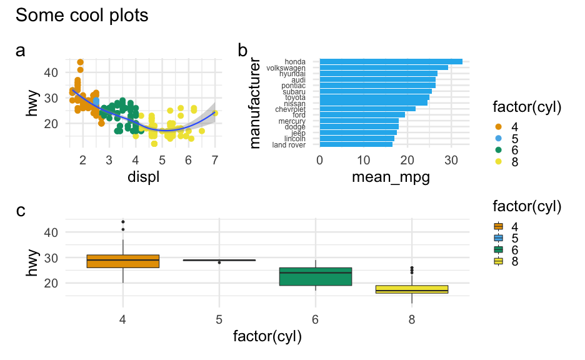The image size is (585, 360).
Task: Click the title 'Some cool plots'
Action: coord(82,15)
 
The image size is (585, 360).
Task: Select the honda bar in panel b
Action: coord(391,61)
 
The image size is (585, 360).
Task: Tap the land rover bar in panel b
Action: coord(356,144)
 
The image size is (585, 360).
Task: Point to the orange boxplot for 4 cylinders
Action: coord(123,261)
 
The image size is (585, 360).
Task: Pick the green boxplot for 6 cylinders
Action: coord(316,276)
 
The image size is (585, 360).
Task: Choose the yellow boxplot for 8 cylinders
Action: coord(413,289)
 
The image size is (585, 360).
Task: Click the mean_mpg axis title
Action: coord(391,177)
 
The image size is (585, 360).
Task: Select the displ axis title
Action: coord(142,177)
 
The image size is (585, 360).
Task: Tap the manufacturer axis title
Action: coord(255,103)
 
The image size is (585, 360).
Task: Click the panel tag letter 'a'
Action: coord(21,51)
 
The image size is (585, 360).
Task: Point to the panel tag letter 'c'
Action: coord(21,211)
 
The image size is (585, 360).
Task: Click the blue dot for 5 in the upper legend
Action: coord(498,139)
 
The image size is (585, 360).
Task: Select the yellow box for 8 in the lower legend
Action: coord(498,261)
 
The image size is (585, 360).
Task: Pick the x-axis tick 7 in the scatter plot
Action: coord(215,160)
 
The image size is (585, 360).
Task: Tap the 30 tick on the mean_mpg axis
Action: coord(451,160)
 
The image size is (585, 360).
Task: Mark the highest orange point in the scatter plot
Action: coord(80,62)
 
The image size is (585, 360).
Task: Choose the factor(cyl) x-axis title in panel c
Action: coord(267,337)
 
